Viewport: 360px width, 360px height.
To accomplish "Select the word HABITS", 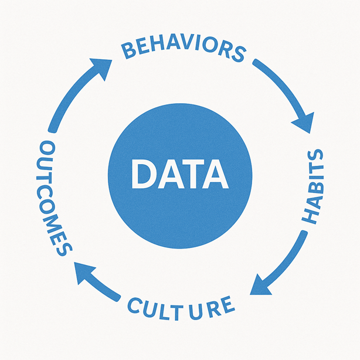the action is pos(313,186).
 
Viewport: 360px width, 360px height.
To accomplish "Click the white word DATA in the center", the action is pos(180,174).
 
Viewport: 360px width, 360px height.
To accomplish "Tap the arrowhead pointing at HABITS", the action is pos(305,123).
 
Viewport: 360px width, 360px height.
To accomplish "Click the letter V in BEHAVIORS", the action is pos(186,44).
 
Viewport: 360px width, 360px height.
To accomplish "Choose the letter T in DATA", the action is pos(191,174).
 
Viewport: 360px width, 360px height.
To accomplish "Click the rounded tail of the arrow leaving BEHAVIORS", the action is pos(255,62).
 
